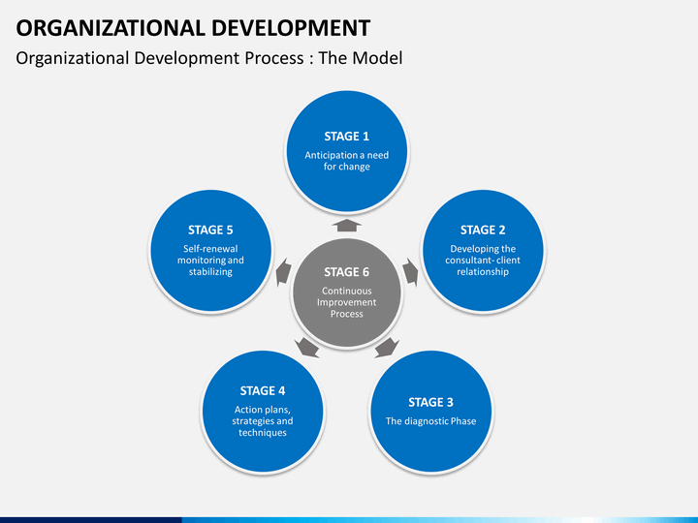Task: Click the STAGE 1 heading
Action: tap(347, 137)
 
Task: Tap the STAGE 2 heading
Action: tap(483, 230)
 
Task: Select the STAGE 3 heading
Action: tap(430, 402)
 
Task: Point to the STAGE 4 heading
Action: tap(262, 390)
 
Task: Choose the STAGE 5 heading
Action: tap(210, 230)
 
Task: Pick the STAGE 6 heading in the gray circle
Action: tap(347, 272)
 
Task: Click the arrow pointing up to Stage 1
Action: tap(347, 225)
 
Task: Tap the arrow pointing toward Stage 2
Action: tap(411, 272)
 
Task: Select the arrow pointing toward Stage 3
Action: tap(387, 348)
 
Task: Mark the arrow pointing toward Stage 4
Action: tap(306, 348)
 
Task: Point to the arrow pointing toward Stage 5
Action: tap(283, 272)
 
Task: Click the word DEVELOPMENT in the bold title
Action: tap(291, 28)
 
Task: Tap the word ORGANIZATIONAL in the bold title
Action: tap(111, 28)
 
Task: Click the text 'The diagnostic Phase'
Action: tap(430, 421)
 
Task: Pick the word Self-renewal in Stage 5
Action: tap(210, 249)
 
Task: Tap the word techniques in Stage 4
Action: tap(263, 433)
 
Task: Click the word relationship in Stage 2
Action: tap(483, 272)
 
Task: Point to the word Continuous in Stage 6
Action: tap(347, 291)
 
